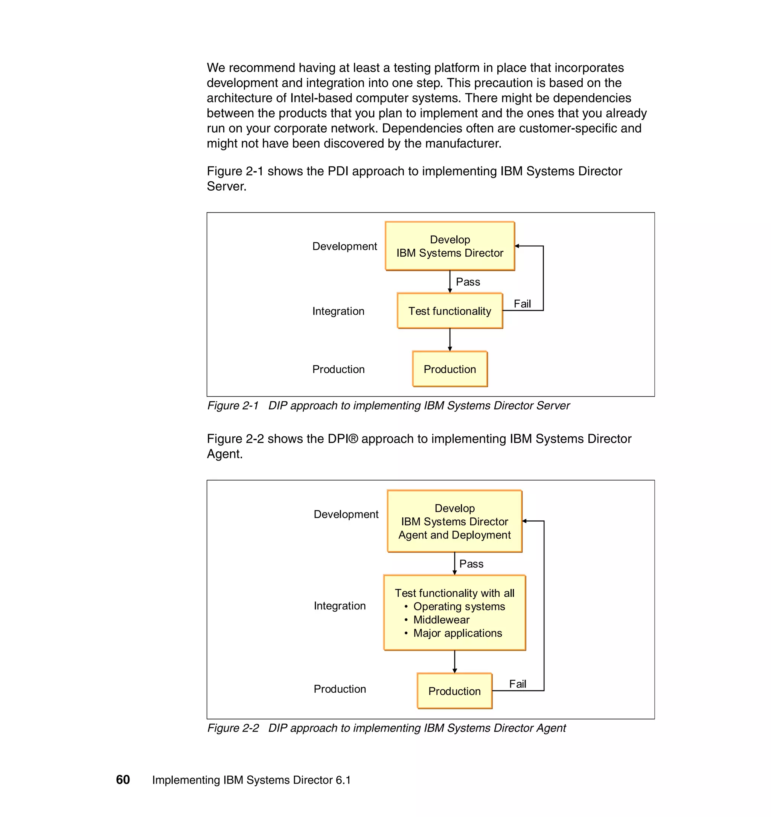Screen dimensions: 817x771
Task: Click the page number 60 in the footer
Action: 123,780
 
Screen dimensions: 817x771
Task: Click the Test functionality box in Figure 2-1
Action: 449,311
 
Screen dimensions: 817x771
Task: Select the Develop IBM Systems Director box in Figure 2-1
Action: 449,246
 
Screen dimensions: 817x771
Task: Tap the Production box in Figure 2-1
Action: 449,369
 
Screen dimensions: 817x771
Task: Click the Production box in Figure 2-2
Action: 454,691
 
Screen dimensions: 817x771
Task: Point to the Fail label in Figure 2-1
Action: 522,304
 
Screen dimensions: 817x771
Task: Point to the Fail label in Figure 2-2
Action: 517,684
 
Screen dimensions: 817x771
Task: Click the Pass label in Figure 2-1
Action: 468,282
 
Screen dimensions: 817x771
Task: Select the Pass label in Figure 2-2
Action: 471,564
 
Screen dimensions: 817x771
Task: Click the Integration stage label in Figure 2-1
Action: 338,311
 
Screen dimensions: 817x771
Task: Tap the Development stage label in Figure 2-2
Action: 346,514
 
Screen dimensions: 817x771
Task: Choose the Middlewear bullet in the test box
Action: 441,620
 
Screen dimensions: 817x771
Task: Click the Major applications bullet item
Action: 457,633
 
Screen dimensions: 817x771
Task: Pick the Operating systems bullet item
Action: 459,606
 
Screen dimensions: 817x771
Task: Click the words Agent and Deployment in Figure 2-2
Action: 454,535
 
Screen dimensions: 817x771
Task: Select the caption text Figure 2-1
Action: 233,405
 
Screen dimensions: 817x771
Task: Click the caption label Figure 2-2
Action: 233,728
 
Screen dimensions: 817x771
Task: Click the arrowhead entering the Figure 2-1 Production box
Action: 449,349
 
